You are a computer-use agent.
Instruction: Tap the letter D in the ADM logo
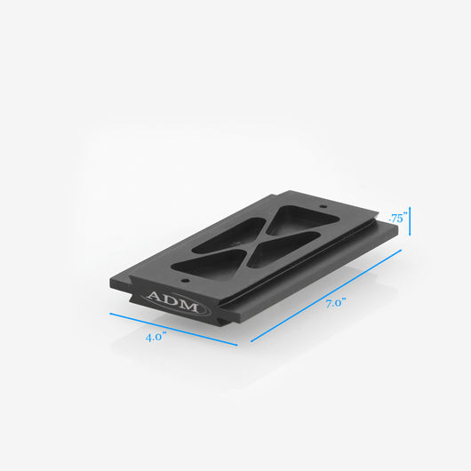(172, 301)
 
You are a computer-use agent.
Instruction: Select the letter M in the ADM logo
(188, 307)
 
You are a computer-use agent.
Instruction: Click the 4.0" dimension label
(156, 337)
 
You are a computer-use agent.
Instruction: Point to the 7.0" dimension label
(336, 303)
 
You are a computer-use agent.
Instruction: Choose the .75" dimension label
(398, 218)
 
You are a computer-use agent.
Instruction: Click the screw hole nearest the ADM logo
(185, 281)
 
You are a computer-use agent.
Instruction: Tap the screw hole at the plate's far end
(323, 206)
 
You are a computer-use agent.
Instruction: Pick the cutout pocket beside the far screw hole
(300, 220)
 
